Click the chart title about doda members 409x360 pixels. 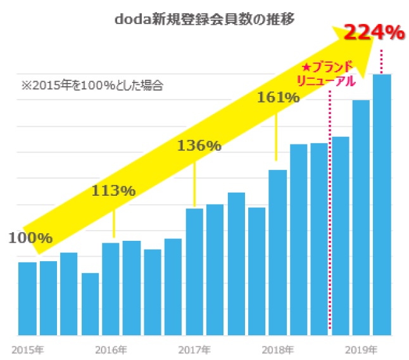[204, 19]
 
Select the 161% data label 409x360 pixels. [277, 98]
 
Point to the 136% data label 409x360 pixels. [199, 146]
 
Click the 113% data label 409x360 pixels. [113, 190]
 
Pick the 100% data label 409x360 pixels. [30, 238]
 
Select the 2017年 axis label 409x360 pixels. [194, 349]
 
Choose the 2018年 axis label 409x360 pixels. [277, 349]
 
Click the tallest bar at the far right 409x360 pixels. [382, 204]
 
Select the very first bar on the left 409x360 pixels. [27, 298]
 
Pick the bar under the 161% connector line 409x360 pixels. [277, 252]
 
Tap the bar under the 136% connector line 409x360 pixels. [194, 271]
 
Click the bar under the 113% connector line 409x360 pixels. [111, 288]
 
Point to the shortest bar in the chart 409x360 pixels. [90, 304]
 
